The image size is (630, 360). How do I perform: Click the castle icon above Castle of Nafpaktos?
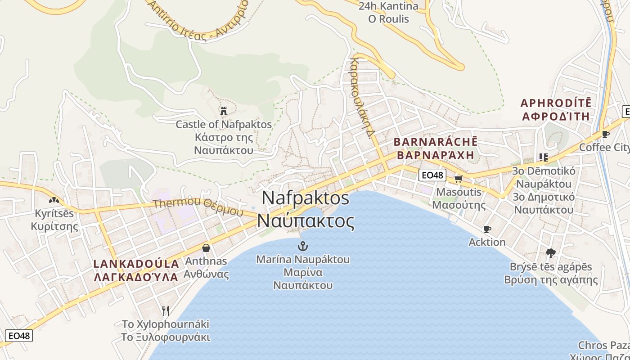pyautogui.click(x=223, y=111)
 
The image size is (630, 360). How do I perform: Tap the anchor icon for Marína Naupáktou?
pyautogui.click(x=303, y=246)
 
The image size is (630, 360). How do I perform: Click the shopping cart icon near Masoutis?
pyautogui.click(x=458, y=179)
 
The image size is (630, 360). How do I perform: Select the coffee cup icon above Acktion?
pyautogui.click(x=487, y=229)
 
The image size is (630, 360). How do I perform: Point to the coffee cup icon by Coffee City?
pyautogui.click(x=606, y=134)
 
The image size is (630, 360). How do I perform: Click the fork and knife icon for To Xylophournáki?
pyautogui.click(x=166, y=310)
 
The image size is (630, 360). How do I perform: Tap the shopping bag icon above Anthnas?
pyautogui.click(x=206, y=248)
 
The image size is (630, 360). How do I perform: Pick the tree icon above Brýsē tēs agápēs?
pyautogui.click(x=550, y=253)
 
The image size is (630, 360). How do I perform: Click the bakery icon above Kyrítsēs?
pyautogui.click(x=54, y=200)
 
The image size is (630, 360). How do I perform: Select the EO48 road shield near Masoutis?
pyautogui.click(x=432, y=175)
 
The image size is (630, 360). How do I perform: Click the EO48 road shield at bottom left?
pyautogui.click(x=19, y=335)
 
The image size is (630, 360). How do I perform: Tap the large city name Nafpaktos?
pyautogui.click(x=305, y=198)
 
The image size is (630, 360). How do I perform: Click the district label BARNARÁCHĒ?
pyautogui.click(x=435, y=142)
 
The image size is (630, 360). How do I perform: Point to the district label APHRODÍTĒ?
pyautogui.click(x=556, y=103)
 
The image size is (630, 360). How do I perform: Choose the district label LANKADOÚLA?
pyautogui.click(x=136, y=264)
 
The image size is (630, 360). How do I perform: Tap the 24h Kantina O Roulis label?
pyautogui.click(x=388, y=12)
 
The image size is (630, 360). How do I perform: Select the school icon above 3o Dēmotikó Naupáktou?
pyautogui.click(x=543, y=157)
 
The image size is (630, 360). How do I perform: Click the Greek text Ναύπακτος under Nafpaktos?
pyautogui.click(x=306, y=221)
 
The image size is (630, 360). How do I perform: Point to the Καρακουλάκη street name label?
pyautogui.click(x=362, y=97)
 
